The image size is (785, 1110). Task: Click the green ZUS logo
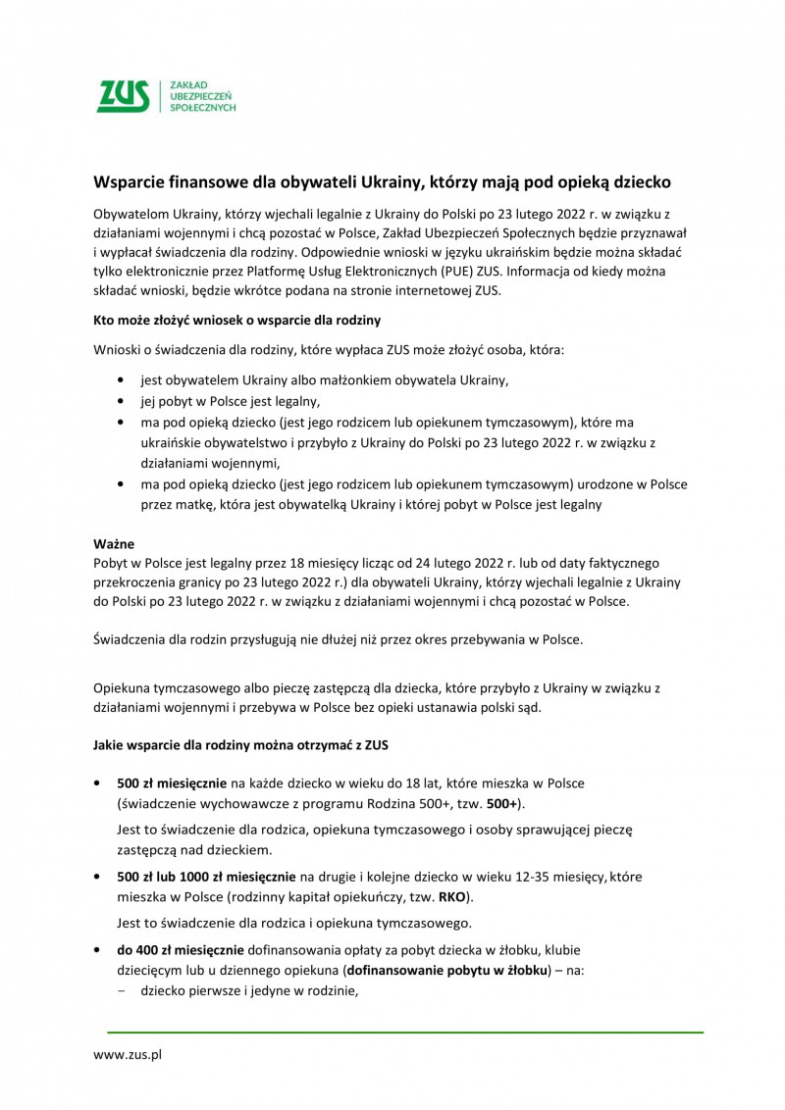click(122, 96)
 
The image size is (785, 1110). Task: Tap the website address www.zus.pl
click(127, 1055)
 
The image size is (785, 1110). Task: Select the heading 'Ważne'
click(113, 543)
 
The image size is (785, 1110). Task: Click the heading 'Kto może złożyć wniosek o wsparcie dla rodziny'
click(236, 321)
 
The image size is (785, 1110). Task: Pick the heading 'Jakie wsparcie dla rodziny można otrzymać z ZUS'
click(240, 745)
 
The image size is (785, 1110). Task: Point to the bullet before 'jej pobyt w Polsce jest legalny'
click(120, 401)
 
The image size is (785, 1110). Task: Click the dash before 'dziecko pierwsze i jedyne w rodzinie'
click(122, 991)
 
